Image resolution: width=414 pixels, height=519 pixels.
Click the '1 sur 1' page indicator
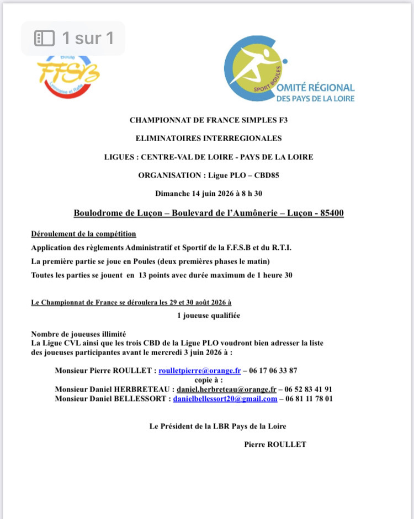coord(74,38)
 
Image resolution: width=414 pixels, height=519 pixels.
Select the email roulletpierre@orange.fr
coord(200,371)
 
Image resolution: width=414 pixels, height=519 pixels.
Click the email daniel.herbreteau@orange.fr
coord(226,389)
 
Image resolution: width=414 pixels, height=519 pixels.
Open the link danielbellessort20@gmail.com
coord(225,398)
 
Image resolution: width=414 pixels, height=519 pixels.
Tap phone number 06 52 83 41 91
coord(309,389)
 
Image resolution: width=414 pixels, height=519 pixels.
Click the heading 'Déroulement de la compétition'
coord(83,234)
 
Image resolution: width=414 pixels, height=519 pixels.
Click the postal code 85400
coord(330,213)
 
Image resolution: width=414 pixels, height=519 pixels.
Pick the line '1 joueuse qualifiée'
coord(209,315)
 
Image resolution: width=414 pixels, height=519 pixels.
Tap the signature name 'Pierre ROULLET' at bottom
coord(275,444)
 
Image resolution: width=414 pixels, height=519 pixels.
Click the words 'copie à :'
coord(209,380)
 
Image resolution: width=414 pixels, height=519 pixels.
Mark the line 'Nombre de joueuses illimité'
coord(78,334)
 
